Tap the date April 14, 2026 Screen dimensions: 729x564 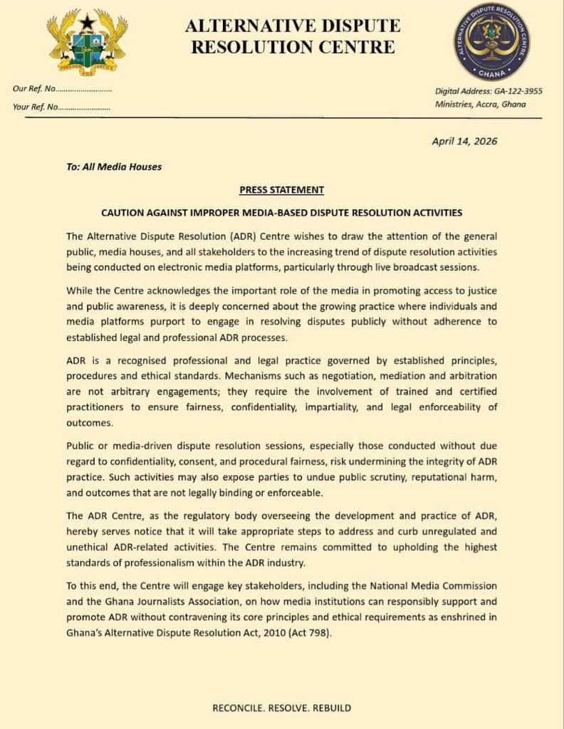464,141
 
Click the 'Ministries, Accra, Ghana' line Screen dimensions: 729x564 480,104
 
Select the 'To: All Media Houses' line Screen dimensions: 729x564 114,167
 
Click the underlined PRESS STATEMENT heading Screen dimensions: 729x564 281,190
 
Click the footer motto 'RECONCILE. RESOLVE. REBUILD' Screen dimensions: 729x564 281,708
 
